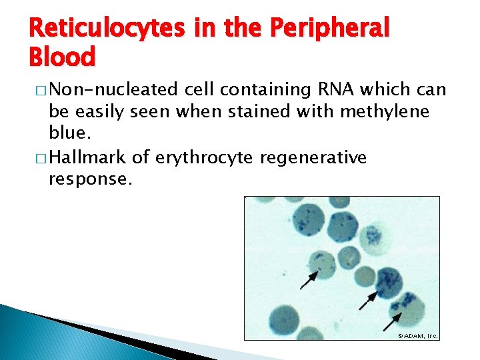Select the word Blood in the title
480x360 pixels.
(x=62, y=57)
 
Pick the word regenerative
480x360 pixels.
(x=310, y=157)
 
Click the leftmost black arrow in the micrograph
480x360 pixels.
(x=308, y=280)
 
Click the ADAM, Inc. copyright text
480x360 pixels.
(x=417, y=335)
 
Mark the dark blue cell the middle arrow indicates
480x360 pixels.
(x=387, y=282)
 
